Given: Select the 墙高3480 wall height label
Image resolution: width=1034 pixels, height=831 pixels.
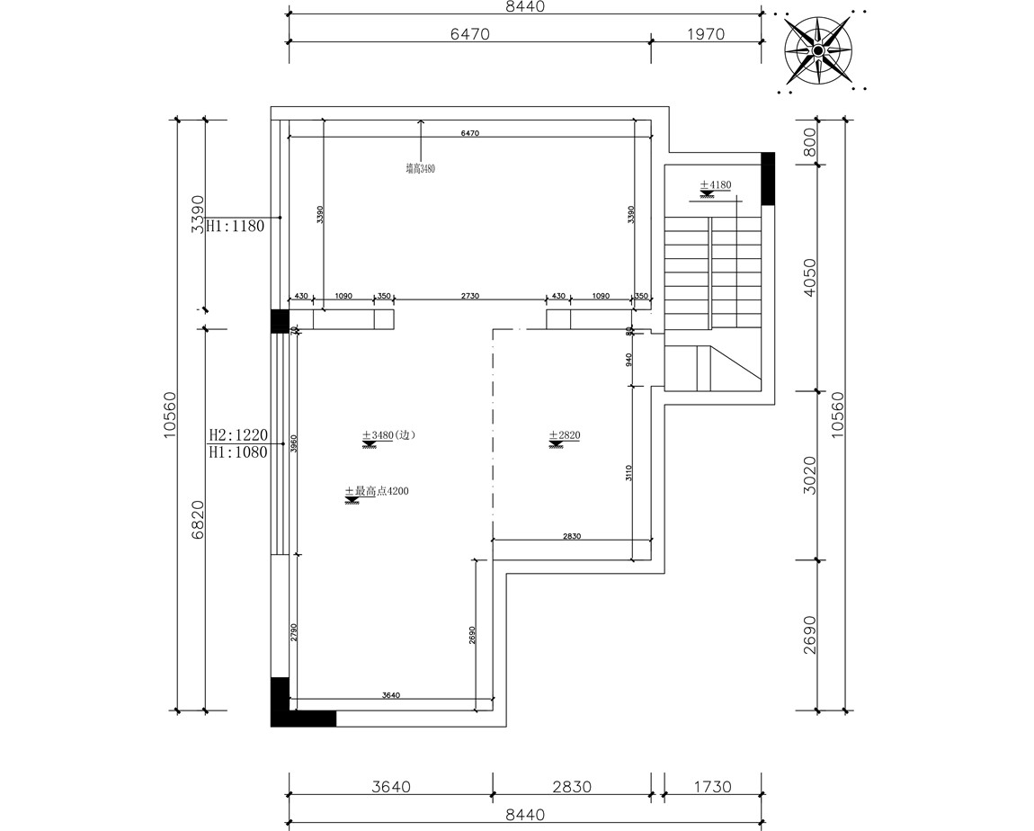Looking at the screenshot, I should tap(420, 167).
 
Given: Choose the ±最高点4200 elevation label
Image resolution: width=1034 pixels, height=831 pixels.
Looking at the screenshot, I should tap(377, 491).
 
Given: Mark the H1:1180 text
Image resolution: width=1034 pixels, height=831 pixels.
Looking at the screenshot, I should tap(236, 227).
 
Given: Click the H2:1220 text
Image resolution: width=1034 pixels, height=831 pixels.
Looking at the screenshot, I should tap(237, 435).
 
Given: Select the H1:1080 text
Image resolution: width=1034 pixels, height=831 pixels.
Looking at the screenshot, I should tap(237, 452).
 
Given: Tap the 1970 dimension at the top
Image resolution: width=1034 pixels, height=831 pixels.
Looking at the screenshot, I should tap(705, 34).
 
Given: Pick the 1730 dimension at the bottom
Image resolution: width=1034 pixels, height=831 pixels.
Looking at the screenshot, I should tap(712, 787).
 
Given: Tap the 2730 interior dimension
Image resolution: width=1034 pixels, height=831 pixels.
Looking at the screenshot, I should tap(470, 296).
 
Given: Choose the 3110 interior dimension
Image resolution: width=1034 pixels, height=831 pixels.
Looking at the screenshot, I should tap(629, 473).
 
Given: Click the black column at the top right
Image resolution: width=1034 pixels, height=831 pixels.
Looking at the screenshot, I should tap(768, 178).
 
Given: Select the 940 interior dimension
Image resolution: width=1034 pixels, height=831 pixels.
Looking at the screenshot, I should tap(629, 360).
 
